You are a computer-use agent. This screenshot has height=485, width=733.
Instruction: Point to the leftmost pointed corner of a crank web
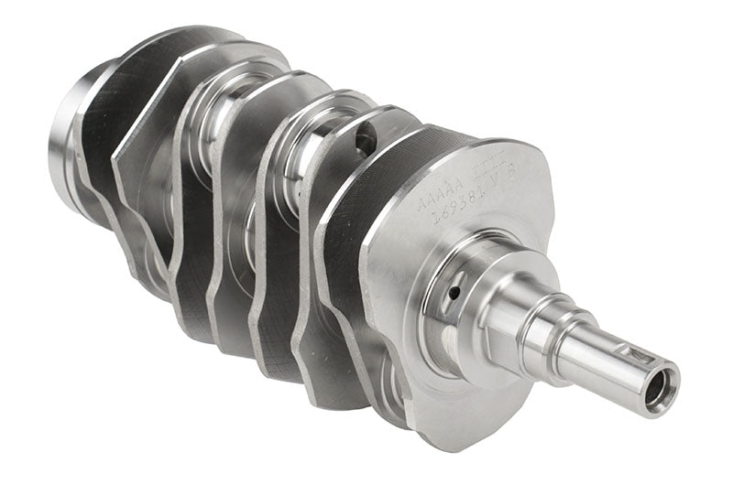pyautogui.click(x=114, y=166)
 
